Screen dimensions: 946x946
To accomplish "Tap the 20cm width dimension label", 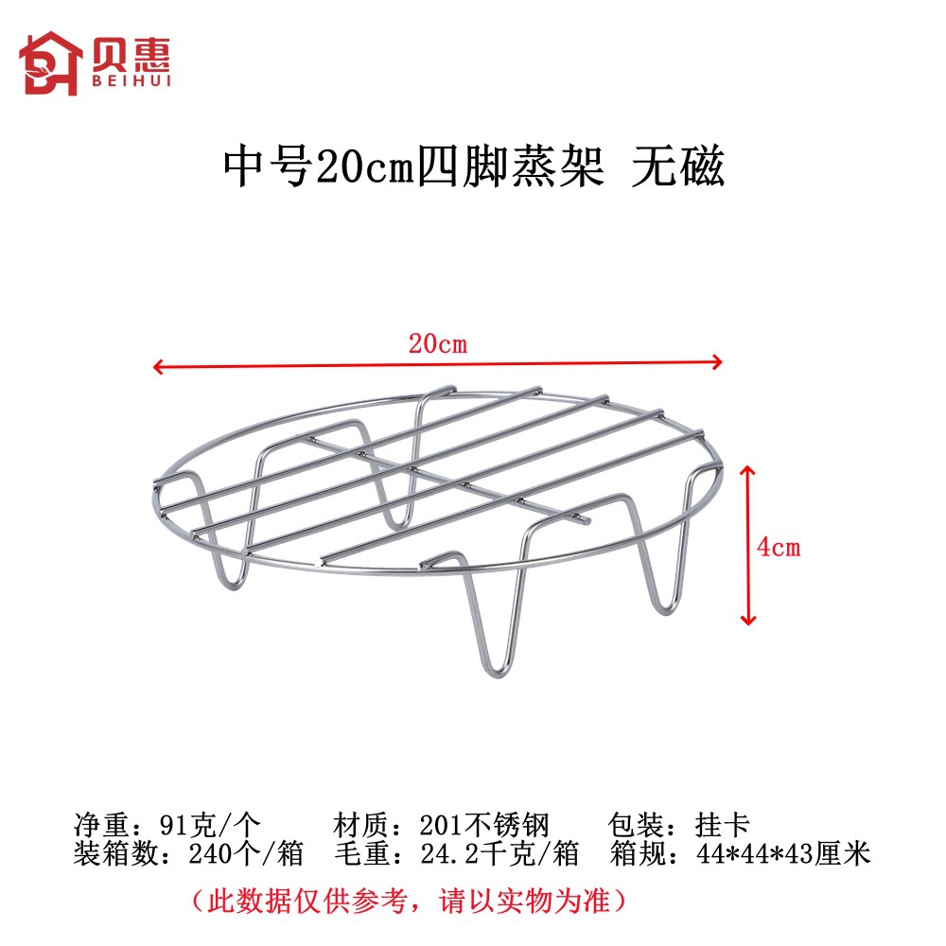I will (x=438, y=344).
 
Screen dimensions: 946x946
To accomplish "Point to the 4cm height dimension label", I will (x=779, y=548).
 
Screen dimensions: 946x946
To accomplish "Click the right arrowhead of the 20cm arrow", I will (x=718, y=361).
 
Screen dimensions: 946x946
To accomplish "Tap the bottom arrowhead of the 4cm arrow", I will (x=748, y=619).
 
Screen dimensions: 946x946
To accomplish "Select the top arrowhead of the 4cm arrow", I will (x=748, y=470).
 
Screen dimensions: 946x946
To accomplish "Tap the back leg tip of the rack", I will (x=403, y=520).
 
